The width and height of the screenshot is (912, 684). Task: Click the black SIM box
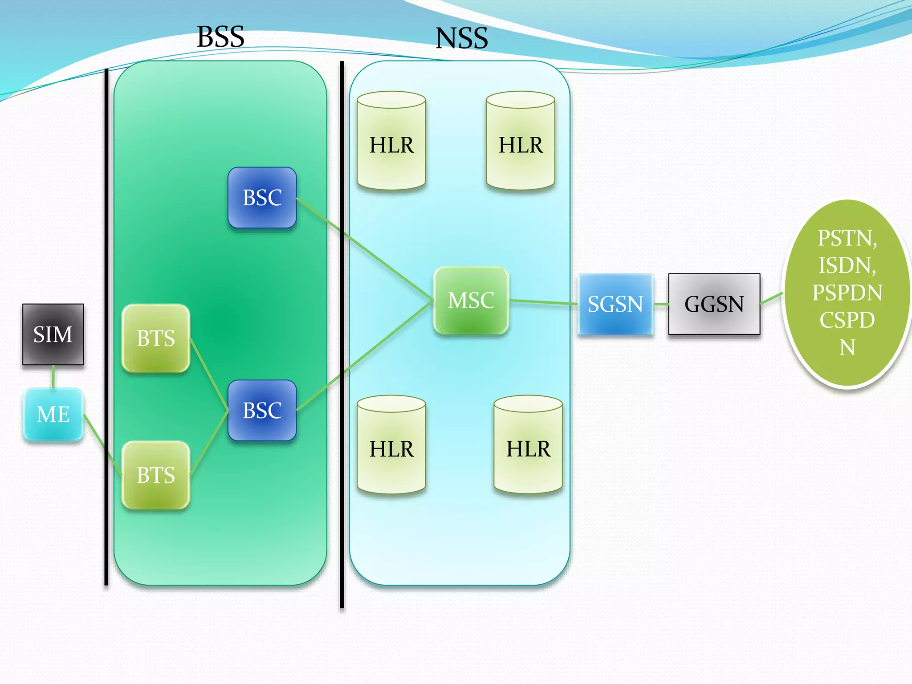tap(53, 334)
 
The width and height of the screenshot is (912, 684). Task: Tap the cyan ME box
tap(53, 414)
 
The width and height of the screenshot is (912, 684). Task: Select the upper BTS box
tap(156, 338)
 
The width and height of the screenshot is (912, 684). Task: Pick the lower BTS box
tap(156, 475)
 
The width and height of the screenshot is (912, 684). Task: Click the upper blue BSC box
tap(262, 197)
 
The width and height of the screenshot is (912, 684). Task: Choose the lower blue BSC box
tap(262, 410)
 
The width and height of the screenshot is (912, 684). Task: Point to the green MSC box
tap(471, 300)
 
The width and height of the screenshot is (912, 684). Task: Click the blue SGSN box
tap(615, 304)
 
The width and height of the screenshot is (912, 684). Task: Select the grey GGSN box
tap(714, 304)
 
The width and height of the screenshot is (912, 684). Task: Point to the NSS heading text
tap(462, 38)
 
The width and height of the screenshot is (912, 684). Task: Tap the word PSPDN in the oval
tap(847, 293)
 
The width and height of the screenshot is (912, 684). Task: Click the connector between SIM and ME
tap(53, 376)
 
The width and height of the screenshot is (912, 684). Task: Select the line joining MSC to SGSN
tap(543, 302)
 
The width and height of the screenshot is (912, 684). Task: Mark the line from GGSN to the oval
tap(771, 298)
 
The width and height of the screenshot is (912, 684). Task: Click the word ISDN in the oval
tap(847, 265)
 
